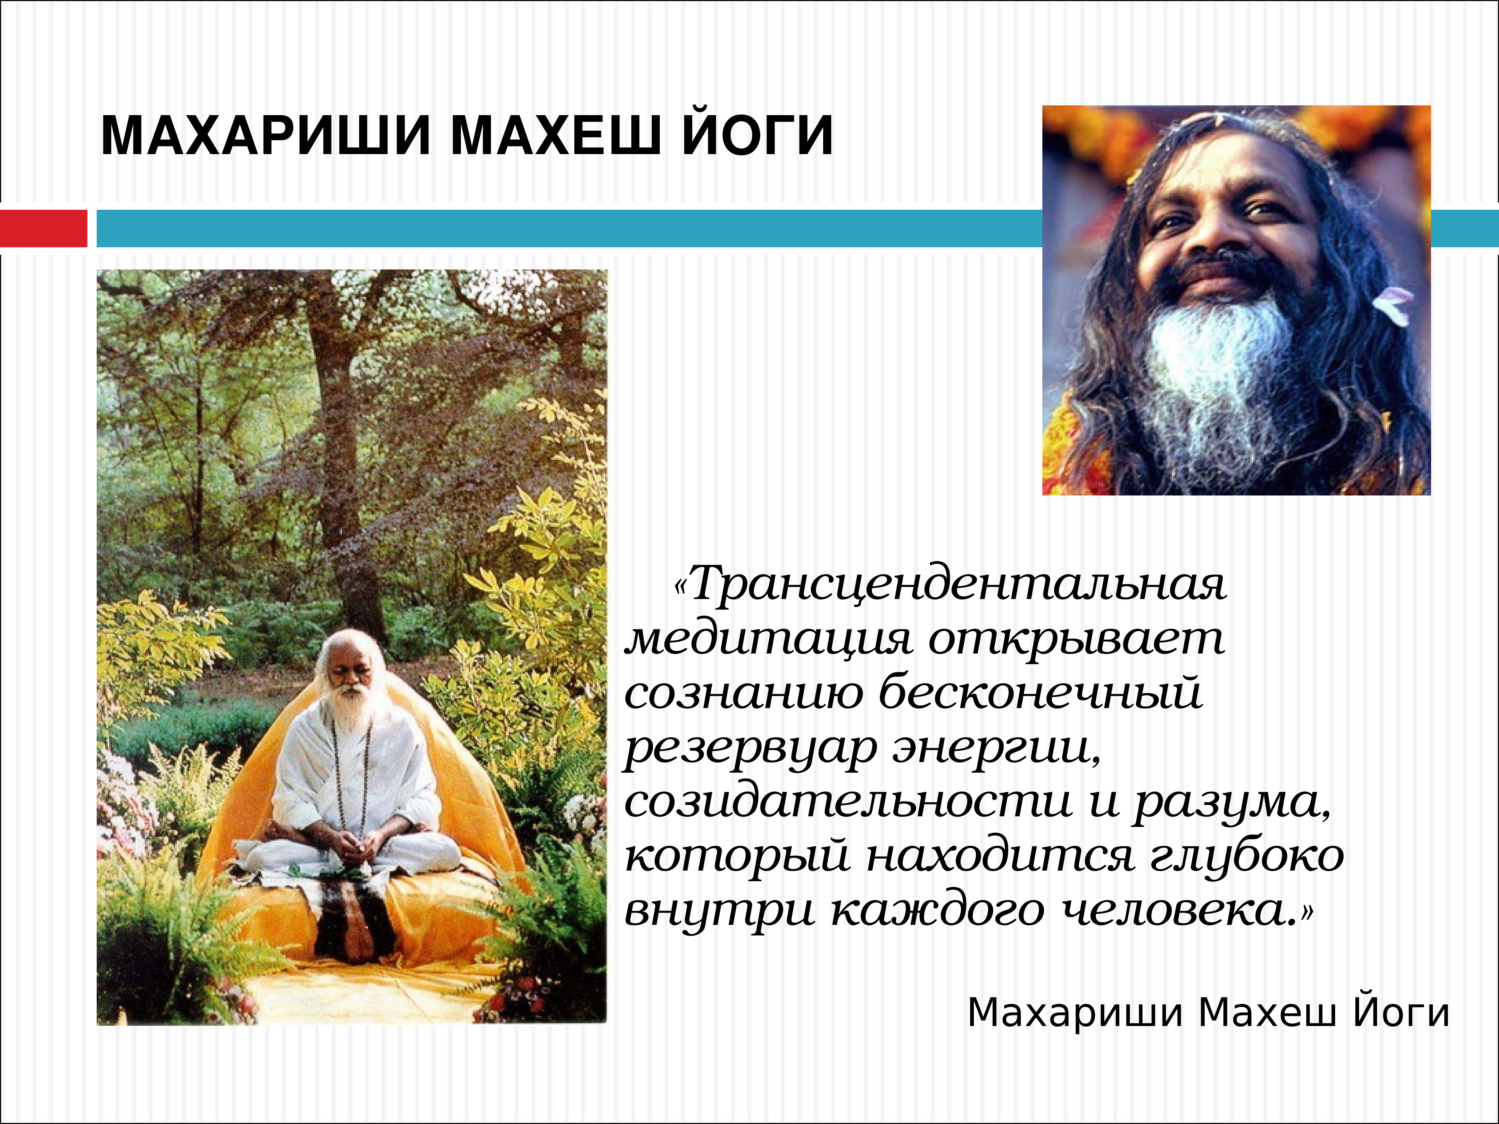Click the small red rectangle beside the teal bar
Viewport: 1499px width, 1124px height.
click(43, 228)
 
